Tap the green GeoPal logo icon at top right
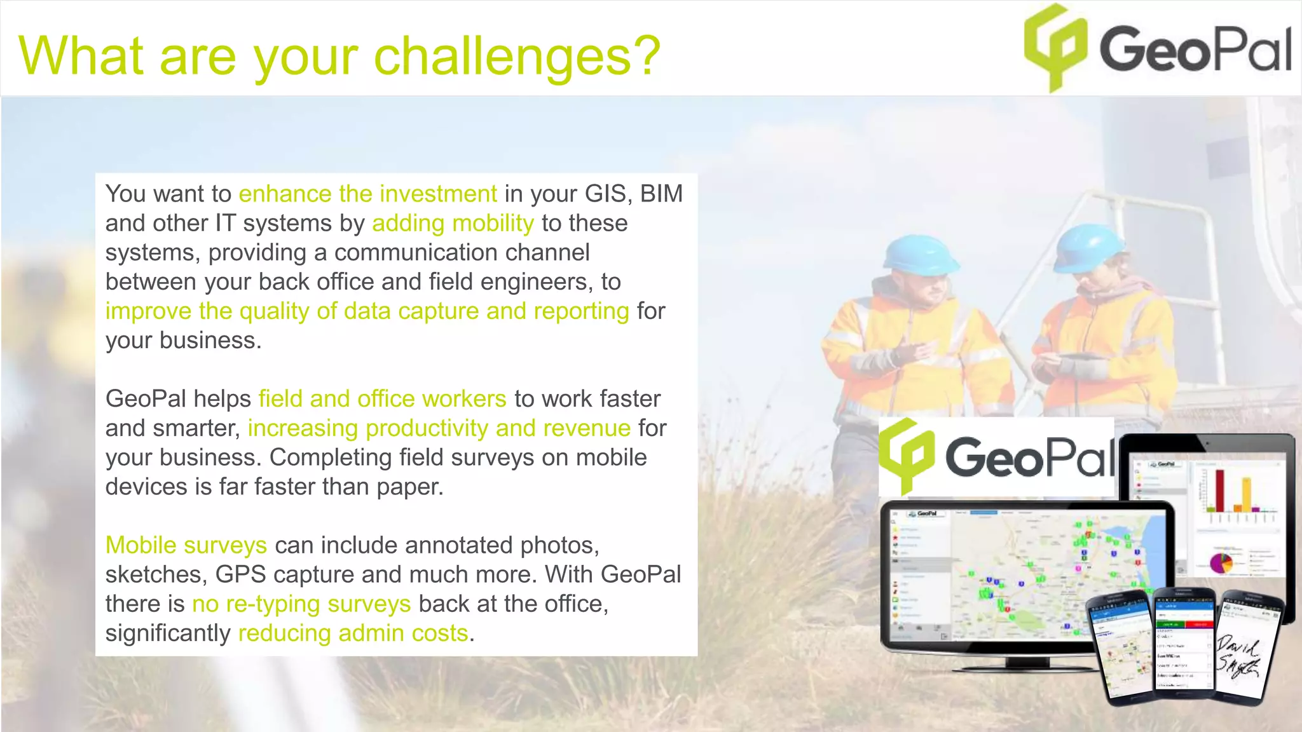pos(1055,46)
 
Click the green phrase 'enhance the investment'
pos(367,194)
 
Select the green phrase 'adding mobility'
pos(453,224)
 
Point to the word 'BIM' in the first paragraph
pos(661,194)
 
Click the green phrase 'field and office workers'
pos(382,399)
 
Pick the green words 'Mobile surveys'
pos(186,545)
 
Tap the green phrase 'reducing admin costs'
pos(353,634)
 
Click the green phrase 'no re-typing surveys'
pos(301,604)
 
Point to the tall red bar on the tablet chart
pos(1220,489)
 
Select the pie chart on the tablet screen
pos(1220,562)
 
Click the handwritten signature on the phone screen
pos(1238,658)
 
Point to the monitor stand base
pos(1026,665)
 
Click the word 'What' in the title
pos(80,57)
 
